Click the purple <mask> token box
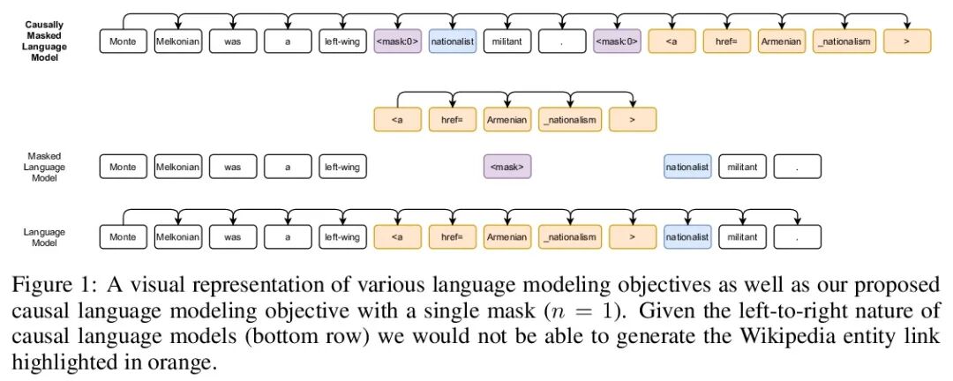pos(507,167)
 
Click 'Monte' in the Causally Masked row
pos(123,41)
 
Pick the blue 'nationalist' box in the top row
pos(453,41)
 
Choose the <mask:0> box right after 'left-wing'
pos(398,41)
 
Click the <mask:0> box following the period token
pos(617,41)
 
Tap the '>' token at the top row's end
pos(907,41)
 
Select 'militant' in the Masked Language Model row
pos(742,167)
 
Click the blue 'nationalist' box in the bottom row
pos(687,237)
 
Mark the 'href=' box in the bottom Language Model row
pos(453,237)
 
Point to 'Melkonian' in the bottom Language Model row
pos(177,237)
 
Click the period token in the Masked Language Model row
pos(797,167)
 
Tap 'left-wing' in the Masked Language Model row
pos(342,167)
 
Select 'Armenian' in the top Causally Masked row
pos(782,41)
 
